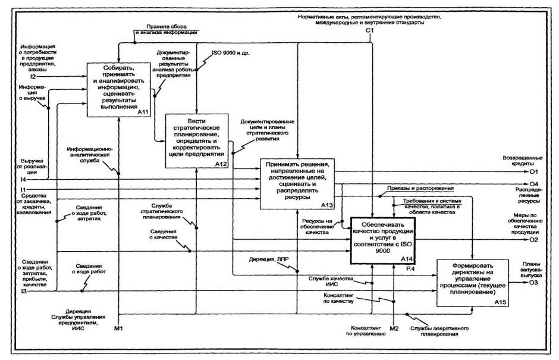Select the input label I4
pos(23,179)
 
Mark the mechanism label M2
pos(393,327)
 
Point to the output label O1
pos(535,171)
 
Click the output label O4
pos(535,183)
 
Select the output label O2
pos(535,240)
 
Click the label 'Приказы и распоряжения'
pos(421,189)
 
